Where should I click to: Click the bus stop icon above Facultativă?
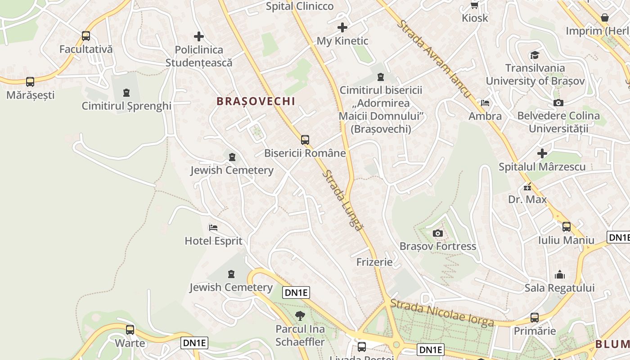86,36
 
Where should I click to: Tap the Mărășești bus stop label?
30,95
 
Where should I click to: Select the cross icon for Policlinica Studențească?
198,36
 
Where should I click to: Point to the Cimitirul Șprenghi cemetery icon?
126,93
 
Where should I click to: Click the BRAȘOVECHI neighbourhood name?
256,101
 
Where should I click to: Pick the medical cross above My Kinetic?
342,27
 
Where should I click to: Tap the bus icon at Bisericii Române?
305,140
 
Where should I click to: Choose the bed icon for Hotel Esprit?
213,228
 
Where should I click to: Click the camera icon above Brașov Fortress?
437,233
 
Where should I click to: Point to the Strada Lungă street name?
343,200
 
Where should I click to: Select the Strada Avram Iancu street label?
434,58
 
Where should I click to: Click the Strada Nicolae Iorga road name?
442,313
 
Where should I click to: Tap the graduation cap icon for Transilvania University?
535,55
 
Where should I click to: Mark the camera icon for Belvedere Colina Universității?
558,103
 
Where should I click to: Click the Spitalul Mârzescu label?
542,167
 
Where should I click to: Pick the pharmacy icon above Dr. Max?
527,186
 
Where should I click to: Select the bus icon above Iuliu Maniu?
567,227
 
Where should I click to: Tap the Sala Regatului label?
560,288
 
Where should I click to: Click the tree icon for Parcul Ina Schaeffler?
300,316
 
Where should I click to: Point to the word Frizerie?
374,262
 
